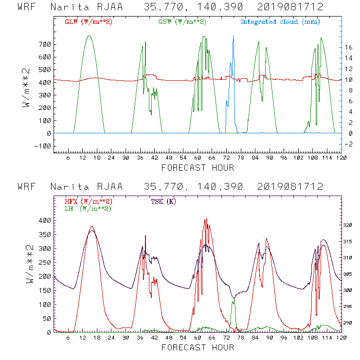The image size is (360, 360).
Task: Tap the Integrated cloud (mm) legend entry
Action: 280,22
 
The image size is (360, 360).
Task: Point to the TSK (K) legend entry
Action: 163,201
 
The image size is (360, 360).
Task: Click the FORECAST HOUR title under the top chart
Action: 198,168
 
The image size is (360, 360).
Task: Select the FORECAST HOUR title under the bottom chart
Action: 198,347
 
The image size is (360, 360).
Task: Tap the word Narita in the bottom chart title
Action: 66,187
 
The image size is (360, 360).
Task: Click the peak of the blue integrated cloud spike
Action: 233,36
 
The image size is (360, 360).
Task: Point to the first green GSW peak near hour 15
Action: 89,36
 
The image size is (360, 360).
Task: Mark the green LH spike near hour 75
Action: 234,300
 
